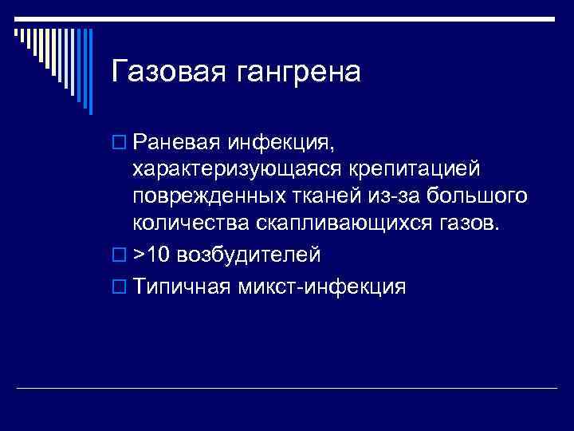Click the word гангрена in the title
click(x=295, y=72)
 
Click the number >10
click(x=151, y=255)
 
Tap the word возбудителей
click(x=248, y=255)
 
